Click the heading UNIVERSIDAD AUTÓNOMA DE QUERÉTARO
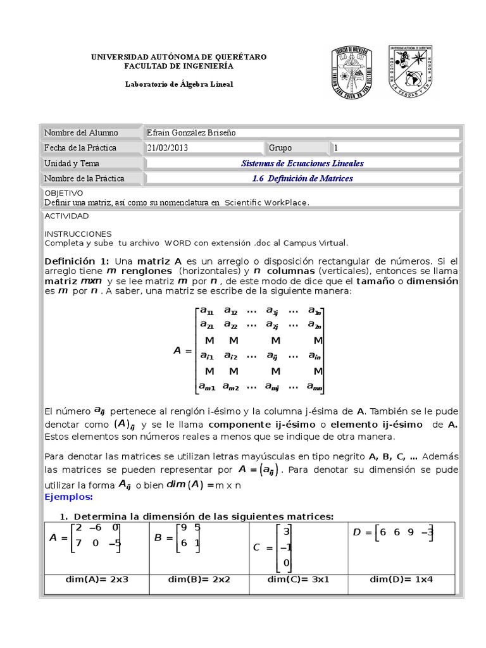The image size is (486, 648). [179, 57]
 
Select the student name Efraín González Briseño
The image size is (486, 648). [190, 132]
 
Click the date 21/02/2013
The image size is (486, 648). [167, 147]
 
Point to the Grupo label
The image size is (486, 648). [280, 147]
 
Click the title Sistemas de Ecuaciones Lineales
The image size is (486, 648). [302, 163]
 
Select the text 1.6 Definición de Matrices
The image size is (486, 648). [302, 178]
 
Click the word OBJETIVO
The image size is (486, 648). [63, 192]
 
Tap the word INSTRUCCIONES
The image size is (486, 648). [78, 234]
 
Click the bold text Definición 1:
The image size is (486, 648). [77, 261]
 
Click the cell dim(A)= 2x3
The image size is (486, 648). [97, 579]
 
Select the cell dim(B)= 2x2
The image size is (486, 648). [199, 579]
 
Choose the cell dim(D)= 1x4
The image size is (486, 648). [401, 579]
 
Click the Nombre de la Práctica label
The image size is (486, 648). [84, 178]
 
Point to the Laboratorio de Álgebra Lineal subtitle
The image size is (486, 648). [179, 84]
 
